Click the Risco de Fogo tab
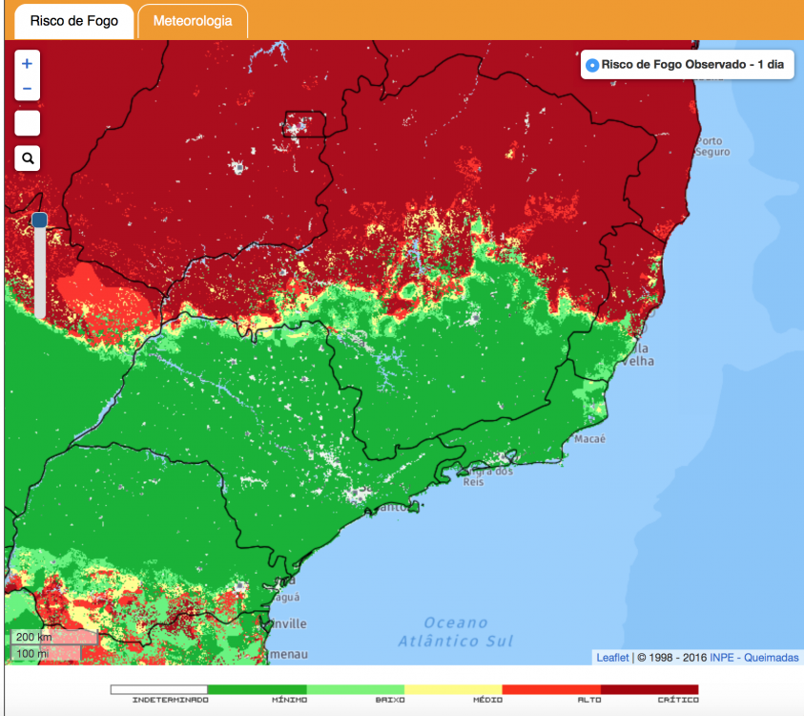(73, 21)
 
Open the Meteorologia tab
(193, 21)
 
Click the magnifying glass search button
(28, 158)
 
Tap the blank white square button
(28, 123)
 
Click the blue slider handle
(39, 221)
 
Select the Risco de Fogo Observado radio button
(591, 65)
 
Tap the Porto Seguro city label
(712, 146)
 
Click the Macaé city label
(589, 439)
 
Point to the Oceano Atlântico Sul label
(456, 631)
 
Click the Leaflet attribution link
(612, 658)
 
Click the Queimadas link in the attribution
(772, 658)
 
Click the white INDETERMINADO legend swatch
(158, 688)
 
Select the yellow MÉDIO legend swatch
(453, 688)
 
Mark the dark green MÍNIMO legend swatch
(257, 688)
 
